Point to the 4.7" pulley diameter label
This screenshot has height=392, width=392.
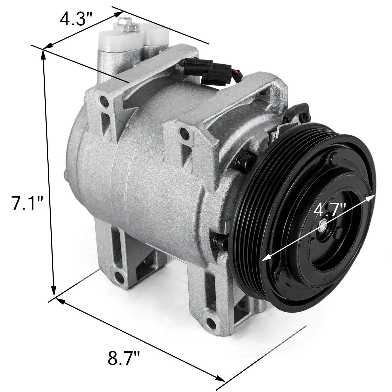point(330,210)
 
